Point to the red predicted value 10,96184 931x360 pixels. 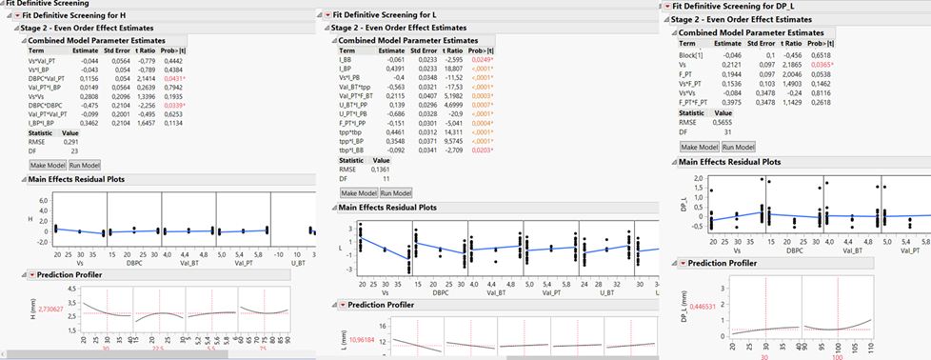point(345,340)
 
